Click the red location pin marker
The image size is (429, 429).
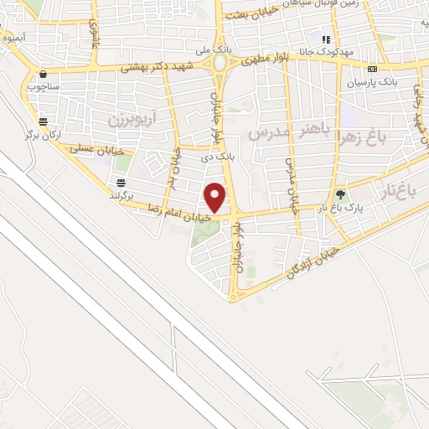click(215, 197)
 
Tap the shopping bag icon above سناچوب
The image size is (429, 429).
click(42, 74)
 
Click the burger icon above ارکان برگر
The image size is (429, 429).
click(43, 121)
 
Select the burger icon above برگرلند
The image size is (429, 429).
click(122, 183)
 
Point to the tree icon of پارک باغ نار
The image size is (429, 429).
click(340, 194)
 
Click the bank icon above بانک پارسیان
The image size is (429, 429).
click(373, 69)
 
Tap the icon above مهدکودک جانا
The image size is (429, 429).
click(327, 39)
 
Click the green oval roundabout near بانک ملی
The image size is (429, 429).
click(220, 63)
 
